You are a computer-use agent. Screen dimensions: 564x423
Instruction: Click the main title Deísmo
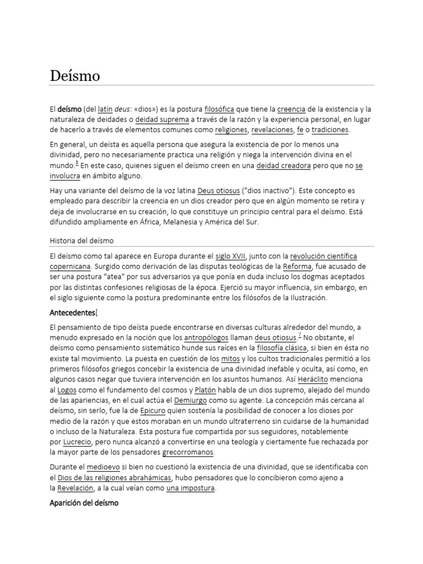(75, 76)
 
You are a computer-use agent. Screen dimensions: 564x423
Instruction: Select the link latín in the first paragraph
(105, 109)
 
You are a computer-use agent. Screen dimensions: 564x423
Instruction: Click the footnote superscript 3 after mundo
(77, 164)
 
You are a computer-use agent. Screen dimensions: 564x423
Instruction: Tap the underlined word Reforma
(297, 267)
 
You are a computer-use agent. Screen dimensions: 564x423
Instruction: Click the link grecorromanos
(188, 453)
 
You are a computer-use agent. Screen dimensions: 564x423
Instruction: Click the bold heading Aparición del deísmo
(84, 503)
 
